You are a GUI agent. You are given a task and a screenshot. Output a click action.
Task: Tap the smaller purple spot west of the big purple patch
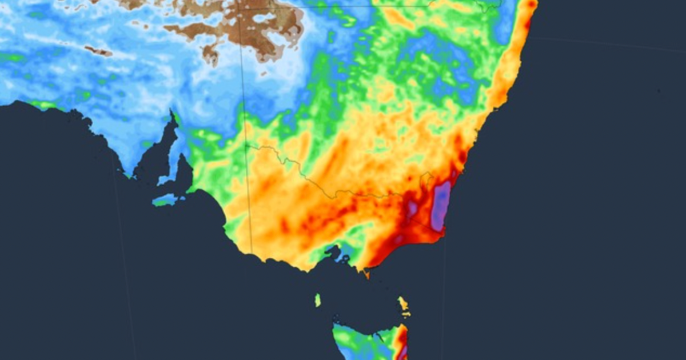point(412,208)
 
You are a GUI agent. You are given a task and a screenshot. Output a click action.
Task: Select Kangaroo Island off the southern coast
point(166,200)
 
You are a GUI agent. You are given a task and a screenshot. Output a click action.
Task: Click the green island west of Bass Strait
point(318,300)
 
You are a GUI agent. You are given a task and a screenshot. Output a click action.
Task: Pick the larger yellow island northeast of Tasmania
point(404,303)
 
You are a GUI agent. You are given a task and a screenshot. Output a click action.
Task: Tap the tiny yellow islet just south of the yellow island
point(406,314)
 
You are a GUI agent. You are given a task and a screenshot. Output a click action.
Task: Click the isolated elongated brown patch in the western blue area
point(98,51)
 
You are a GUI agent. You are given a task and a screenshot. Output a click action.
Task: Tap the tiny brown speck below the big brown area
point(263,73)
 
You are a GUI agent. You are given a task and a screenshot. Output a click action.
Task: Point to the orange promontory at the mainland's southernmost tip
point(366,274)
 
